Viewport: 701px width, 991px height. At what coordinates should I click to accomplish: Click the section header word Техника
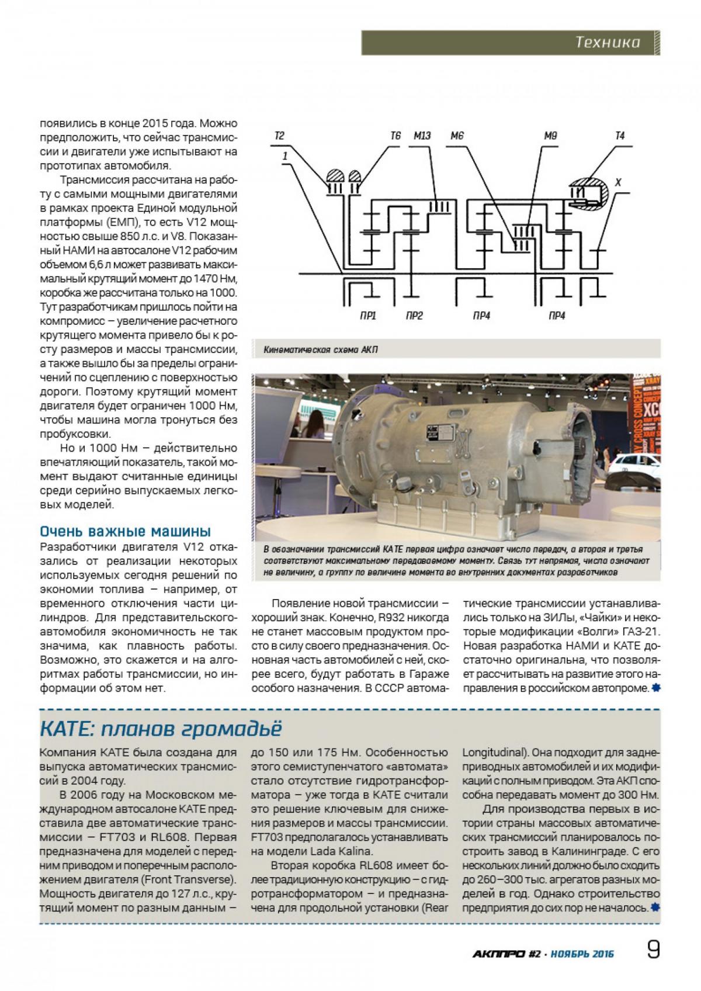[607, 42]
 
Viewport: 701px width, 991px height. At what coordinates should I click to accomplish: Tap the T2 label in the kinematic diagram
[280, 136]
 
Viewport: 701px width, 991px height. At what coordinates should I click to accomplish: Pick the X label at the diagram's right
[619, 183]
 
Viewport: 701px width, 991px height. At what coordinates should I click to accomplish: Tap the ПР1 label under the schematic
[367, 317]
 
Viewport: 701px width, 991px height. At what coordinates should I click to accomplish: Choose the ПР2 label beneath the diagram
[414, 317]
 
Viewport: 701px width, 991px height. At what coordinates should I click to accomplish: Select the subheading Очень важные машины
[125, 532]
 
